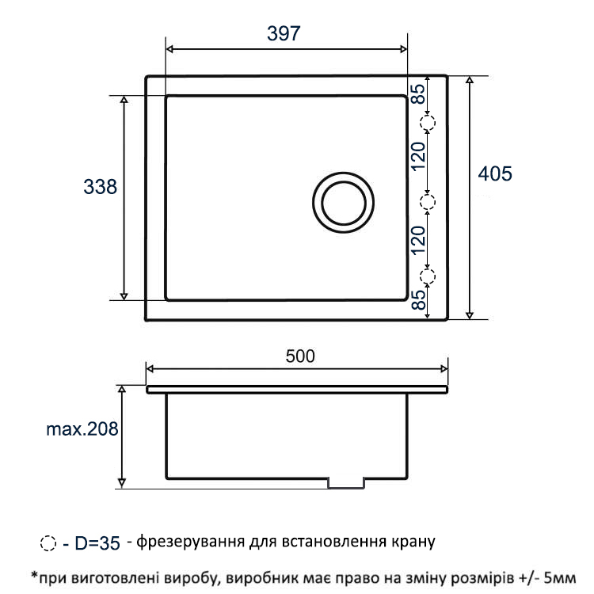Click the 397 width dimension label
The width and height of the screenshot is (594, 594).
click(x=284, y=33)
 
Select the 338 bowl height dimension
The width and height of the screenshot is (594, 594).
click(x=100, y=187)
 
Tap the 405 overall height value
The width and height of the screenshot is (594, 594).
click(x=495, y=174)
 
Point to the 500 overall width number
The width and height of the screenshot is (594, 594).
click(x=300, y=356)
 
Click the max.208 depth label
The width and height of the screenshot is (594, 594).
click(x=82, y=429)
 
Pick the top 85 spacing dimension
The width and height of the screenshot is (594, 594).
click(x=418, y=93)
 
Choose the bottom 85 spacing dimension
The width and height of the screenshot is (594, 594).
click(x=418, y=299)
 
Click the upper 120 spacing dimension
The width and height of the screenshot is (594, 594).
click(x=418, y=157)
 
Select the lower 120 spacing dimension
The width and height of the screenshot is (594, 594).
click(x=418, y=240)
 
